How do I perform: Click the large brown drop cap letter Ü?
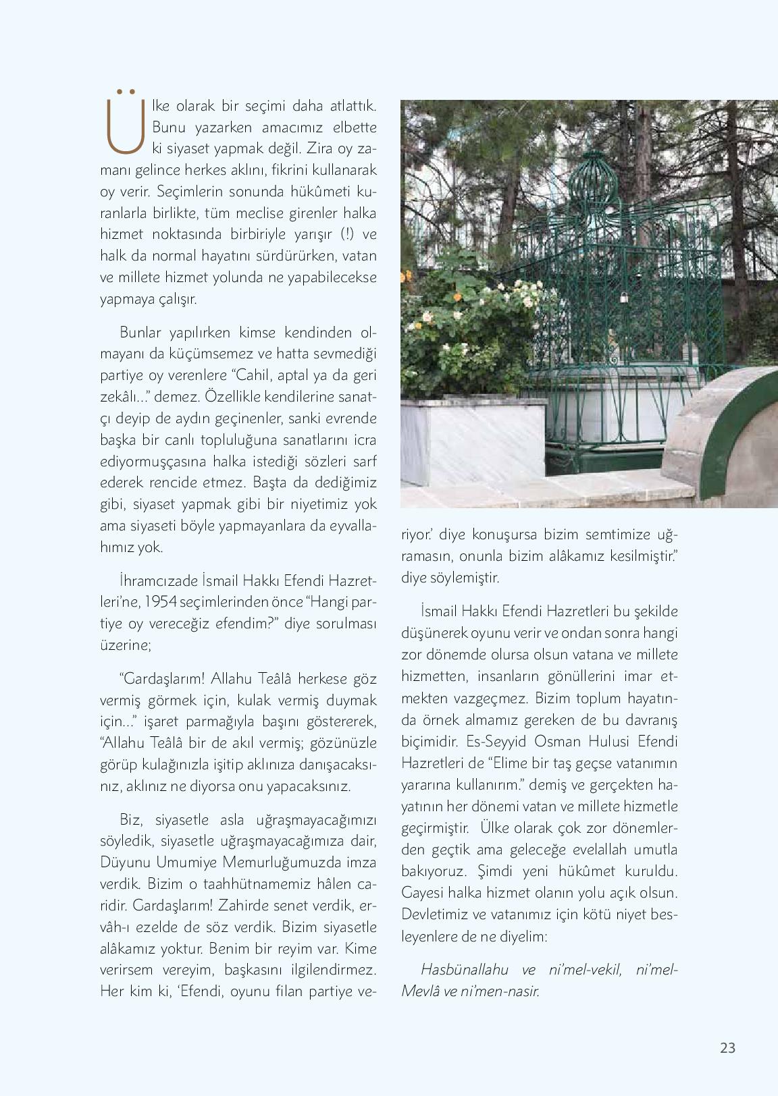(x=125, y=121)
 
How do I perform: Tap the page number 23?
(x=727, y=1048)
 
